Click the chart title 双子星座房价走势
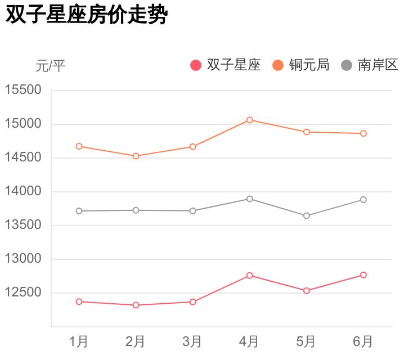87,15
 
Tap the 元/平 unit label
51,66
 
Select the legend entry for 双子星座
226,65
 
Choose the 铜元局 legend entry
301,65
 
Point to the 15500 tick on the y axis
24,90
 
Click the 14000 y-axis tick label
24,191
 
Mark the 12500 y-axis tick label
24,292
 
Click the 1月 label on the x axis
79,341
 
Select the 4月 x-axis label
249,341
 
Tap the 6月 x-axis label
363,341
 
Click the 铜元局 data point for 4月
249,120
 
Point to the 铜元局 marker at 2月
136,156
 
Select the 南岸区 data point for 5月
306,215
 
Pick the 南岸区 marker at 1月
79,211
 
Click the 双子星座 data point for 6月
363,275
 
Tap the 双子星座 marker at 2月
136,305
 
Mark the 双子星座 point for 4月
249,276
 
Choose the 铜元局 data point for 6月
363,133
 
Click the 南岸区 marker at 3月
192,211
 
